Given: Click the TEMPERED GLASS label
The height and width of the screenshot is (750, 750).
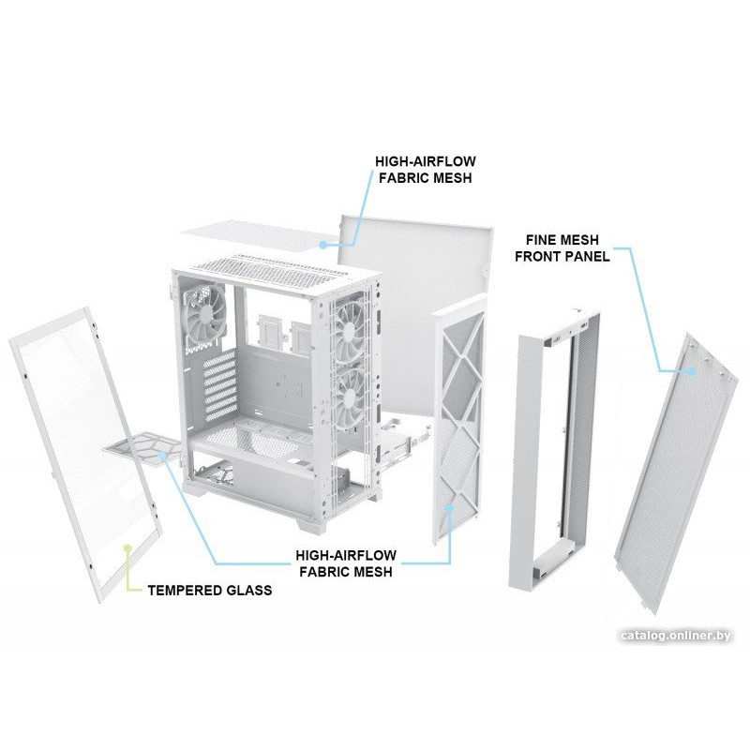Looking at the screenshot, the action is tap(210, 591).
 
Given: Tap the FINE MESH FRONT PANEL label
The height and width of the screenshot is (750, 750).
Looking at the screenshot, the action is tap(562, 247).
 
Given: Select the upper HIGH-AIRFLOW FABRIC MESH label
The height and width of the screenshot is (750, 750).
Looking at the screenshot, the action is tap(426, 170).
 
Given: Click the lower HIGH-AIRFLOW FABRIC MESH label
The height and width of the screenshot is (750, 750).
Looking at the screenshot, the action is tap(346, 563).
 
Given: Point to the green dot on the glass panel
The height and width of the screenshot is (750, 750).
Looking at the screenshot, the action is tap(127, 547).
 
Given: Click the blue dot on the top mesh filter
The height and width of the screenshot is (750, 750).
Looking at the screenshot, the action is tap(323, 245).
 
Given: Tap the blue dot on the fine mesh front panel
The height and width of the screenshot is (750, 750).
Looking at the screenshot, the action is tap(692, 370).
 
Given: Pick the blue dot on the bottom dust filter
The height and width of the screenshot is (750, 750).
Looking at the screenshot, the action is tap(162, 455).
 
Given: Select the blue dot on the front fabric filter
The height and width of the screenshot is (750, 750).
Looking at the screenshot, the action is tap(449, 507).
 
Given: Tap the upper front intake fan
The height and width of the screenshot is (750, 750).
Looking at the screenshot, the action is tap(350, 330).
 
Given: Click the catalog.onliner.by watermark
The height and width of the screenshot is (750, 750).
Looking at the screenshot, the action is tap(675, 636).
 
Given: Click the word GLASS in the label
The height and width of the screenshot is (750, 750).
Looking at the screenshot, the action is tap(249, 591).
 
